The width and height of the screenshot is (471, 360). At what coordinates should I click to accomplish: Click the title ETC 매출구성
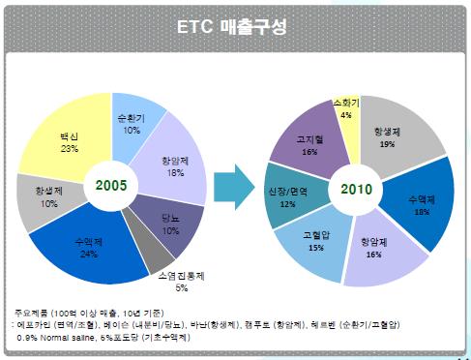[x=235, y=25]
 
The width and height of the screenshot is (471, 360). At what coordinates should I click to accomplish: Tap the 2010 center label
[x=358, y=186]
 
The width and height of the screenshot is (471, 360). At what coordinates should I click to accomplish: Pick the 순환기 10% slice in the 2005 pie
[x=132, y=120]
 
